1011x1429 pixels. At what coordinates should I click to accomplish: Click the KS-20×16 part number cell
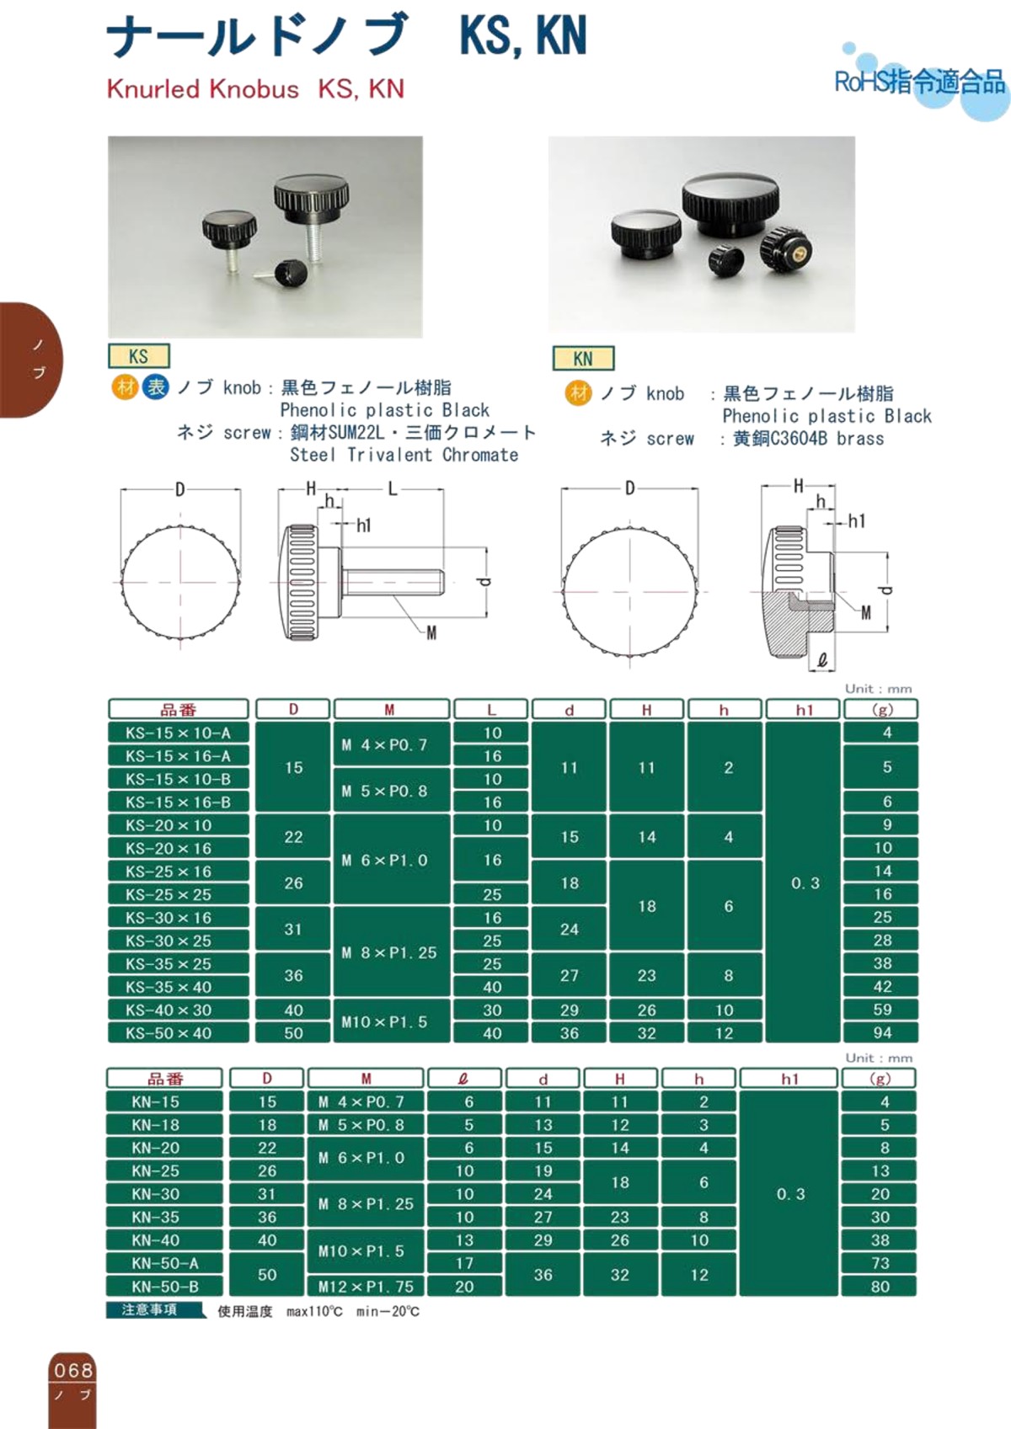point(178,849)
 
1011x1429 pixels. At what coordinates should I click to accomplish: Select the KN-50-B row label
point(164,1287)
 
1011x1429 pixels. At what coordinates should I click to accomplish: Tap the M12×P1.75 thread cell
point(366,1287)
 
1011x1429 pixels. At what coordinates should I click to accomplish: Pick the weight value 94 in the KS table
point(881,1032)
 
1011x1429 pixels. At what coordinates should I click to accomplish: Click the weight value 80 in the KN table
point(880,1287)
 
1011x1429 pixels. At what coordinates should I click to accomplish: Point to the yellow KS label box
point(139,356)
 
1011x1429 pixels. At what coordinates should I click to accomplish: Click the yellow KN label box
point(583,359)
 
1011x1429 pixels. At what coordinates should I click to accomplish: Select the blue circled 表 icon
point(156,387)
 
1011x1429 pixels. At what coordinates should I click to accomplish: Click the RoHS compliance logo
point(920,82)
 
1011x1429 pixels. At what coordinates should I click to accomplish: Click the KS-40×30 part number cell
point(178,1010)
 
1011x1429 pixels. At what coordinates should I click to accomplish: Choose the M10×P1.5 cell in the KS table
point(389,1021)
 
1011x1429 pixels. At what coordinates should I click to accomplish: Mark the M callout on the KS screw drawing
point(431,633)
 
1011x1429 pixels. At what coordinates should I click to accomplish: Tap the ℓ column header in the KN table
point(463,1079)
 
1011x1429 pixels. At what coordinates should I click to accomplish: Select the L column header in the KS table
point(491,710)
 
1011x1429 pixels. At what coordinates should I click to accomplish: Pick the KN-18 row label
point(164,1125)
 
